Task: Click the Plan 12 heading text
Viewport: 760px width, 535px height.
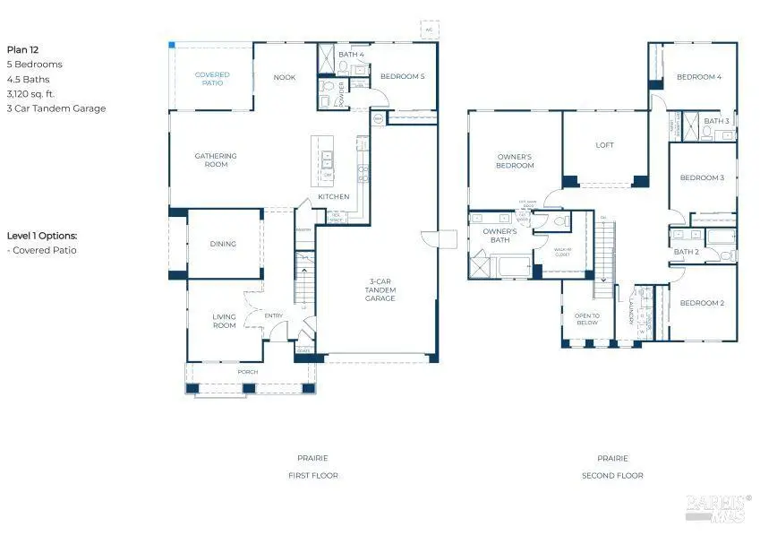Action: point(23,50)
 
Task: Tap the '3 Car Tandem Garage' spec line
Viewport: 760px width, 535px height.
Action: point(56,108)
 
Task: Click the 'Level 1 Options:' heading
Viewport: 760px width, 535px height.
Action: point(42,236)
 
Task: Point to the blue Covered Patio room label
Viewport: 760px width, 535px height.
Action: point(212,79)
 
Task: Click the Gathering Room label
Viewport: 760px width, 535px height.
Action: point(216,160)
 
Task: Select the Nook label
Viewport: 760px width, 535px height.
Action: point(285,78)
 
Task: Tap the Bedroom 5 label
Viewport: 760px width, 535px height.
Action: point(402,76)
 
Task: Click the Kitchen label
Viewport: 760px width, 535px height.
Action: point(334,197)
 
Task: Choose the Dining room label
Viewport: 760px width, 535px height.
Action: point(223,244)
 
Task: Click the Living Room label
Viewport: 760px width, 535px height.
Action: point(224,321)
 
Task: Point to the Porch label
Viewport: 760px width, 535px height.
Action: point(247,372)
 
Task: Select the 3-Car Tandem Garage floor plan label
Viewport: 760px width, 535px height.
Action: point(380,289)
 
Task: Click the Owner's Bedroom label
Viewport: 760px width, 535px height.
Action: point(515,161)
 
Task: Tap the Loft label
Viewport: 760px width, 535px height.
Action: point(605,145)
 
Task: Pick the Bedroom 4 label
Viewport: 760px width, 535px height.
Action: point(699,77)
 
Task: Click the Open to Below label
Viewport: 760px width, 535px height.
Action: point(587,320)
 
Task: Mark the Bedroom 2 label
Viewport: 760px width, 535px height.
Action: point(702,303)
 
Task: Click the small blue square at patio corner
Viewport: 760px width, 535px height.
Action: point(172,45)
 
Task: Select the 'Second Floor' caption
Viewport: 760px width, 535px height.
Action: point(612,476)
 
